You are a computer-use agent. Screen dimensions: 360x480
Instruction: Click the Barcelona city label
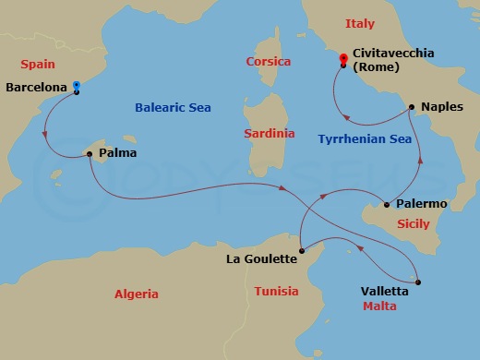[x=37, y=89]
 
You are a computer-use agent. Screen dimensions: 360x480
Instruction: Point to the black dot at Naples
[x=411, y=107]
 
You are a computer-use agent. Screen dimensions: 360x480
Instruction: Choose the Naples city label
[x=441, y=107]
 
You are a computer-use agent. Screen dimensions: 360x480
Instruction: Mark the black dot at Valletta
[x=418, y=282]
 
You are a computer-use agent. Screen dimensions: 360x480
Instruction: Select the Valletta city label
[x=383, y=290]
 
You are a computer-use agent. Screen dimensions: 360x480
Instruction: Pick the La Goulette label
[x=261, y=259]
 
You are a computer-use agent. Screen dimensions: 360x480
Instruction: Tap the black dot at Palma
[x=89, y=153]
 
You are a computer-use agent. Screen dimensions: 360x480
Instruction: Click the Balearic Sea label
[x=173, y=108]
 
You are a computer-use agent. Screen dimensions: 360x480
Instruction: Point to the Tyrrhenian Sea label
[x=363, y=139]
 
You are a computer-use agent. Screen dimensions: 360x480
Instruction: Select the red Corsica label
[x=269, y=62]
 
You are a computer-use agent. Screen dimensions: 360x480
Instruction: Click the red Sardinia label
[x=269, y=134]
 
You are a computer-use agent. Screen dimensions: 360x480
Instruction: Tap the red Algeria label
[x=136, y=294]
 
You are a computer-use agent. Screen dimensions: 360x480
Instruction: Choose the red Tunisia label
[x=276, y=292]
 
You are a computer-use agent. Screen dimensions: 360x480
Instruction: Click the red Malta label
[x=379, y=305]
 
